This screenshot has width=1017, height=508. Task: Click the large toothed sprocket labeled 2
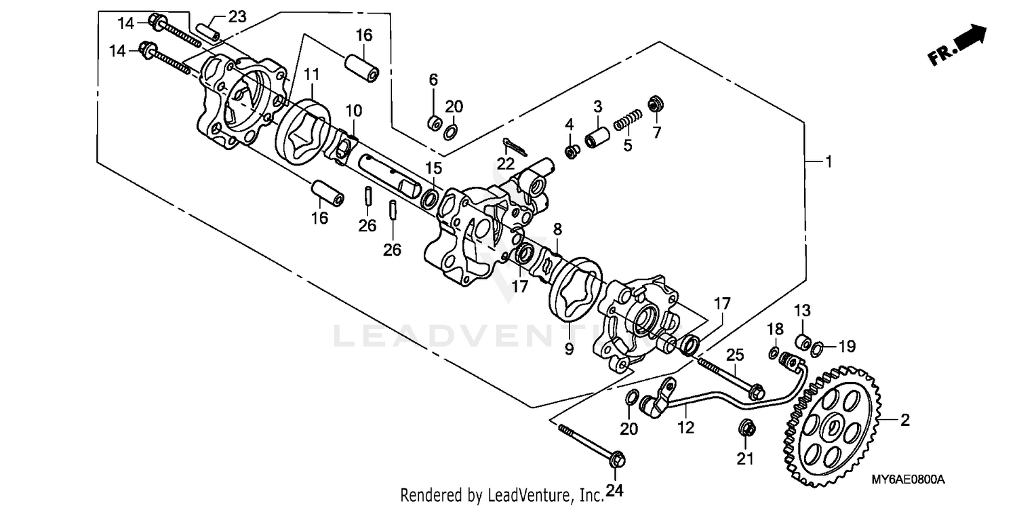tap(833, 427)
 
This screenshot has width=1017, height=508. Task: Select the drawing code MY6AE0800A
tap(909, 480)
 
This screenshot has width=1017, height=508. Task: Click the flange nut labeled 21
tap(746, 429)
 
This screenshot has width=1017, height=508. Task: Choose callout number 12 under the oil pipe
tap(685, 428)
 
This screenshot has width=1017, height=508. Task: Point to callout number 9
tap(569, 349)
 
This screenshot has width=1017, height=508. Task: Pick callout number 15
tap(434, 168)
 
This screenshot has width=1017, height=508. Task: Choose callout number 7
tap(656, 133)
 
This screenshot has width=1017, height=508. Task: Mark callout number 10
tap(355, 110)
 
